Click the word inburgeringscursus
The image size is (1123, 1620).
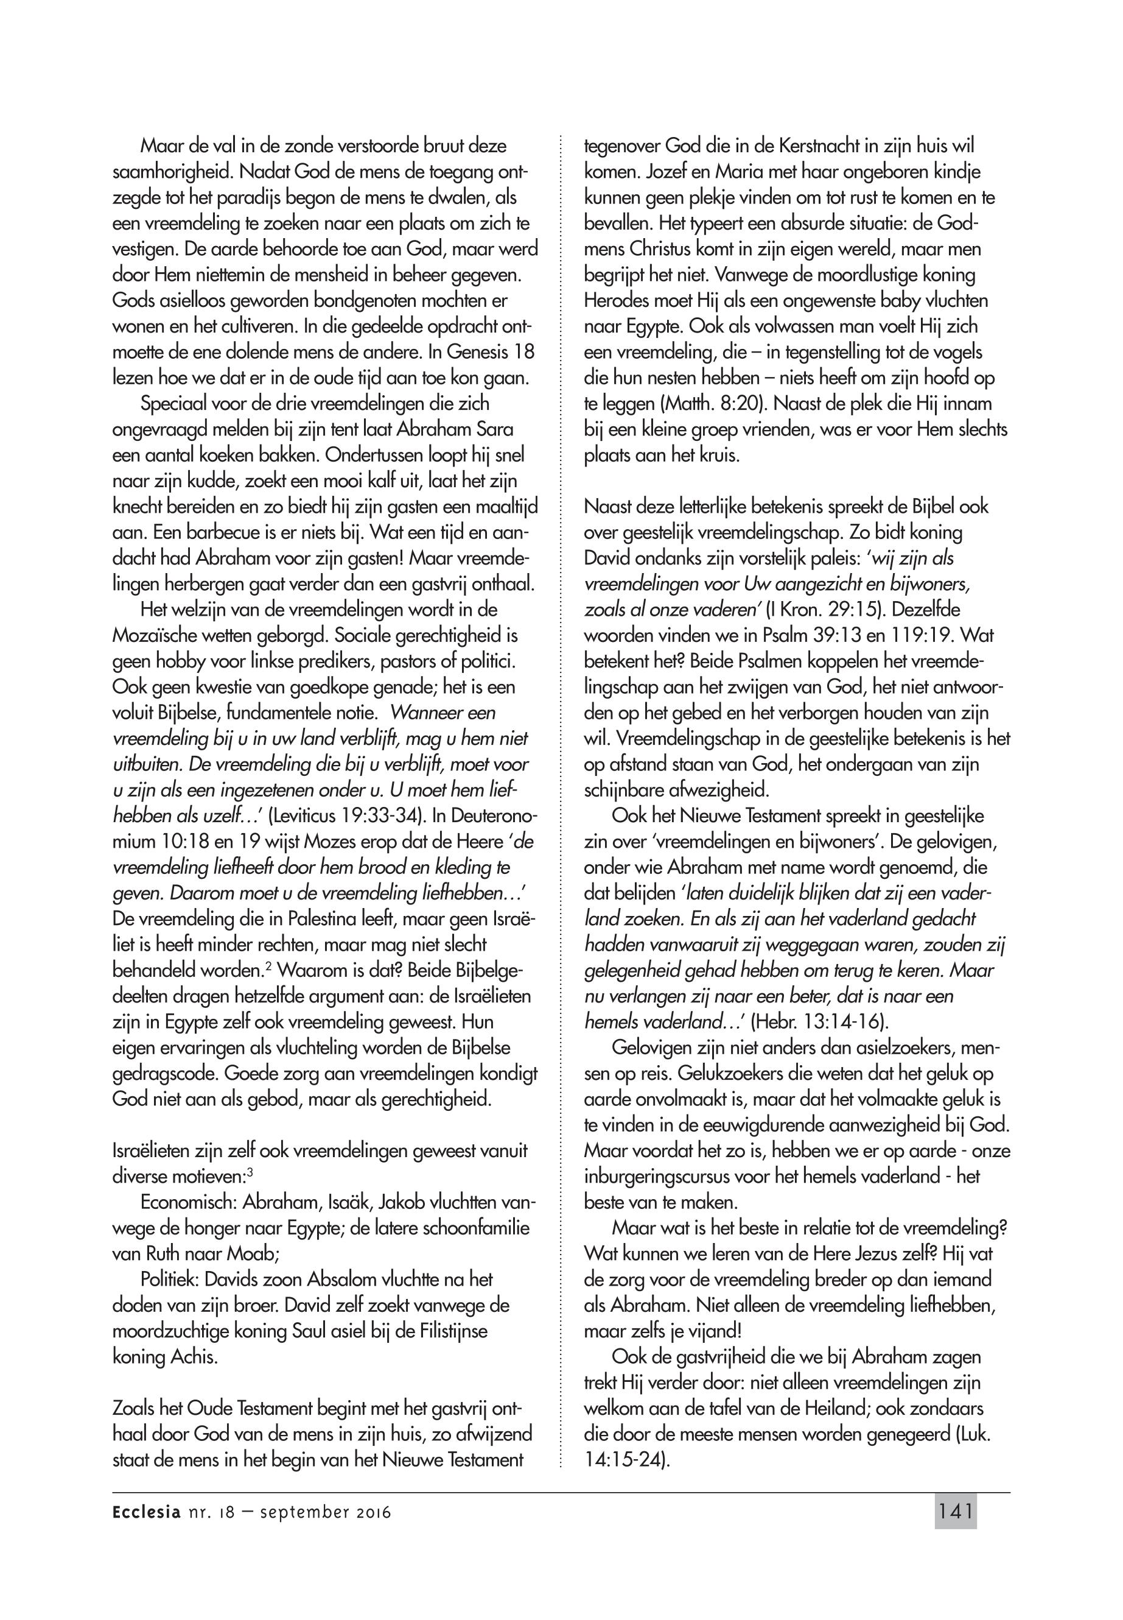tap(654, 1177)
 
